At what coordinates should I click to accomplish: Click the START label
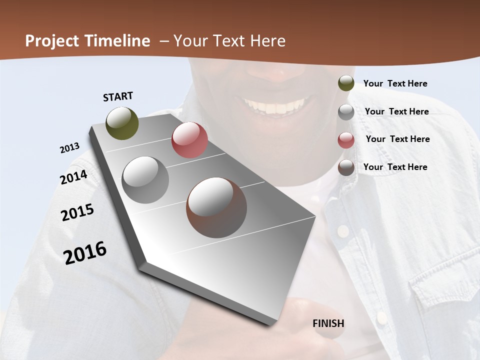coord(118,96)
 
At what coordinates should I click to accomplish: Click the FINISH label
coord(328,323)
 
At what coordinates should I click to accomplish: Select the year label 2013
coord(70,148)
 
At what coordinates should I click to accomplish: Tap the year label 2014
coord(74,177)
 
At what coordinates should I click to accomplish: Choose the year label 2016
coord(85,252)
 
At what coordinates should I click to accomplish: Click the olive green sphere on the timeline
coord(122,123)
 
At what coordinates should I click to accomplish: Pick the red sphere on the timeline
coord(189,140)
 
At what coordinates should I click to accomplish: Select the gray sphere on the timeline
coord(145,180)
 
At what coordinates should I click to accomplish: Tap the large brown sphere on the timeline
coord(216,207)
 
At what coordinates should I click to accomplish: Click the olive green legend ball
coord(346,83)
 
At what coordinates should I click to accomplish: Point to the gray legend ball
coord(346,112)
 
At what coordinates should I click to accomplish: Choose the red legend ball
coord(346,140)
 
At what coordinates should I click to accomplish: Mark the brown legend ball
coord(346,167)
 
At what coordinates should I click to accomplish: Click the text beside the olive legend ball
coord(395,83)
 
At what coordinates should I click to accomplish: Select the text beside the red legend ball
coord(397,139)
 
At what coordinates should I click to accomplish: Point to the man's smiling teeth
coord(275,106)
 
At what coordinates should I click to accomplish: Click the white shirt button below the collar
coord(343,231)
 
